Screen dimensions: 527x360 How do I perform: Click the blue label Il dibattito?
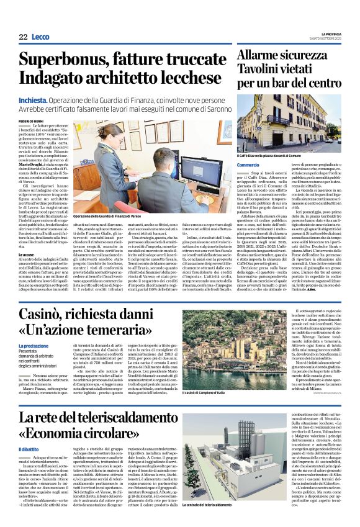tap(29, 449)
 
